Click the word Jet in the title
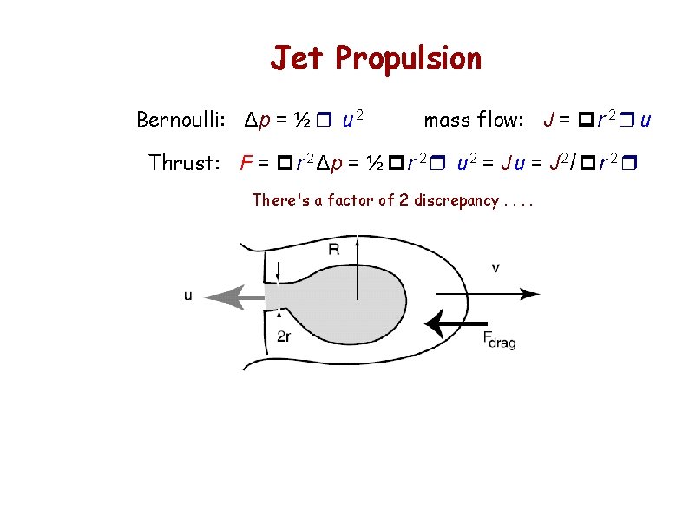click(298, 59)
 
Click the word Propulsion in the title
click(408, 59)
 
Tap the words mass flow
click(474, 120)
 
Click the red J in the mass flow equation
click(548, 120)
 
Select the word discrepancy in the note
click(455, 200)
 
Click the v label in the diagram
click(495, 268)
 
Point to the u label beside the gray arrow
click(188, 296)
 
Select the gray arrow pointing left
click(234, 297)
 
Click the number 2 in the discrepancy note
click(404, 200)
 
